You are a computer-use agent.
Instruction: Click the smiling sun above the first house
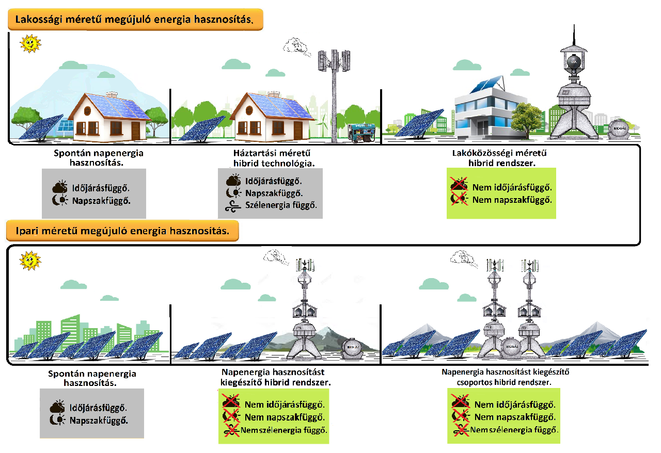tap(30, 43)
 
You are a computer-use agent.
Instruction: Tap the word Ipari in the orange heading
tap(26, 231)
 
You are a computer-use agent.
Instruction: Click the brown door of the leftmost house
tap(136, 128)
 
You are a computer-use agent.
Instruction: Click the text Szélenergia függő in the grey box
tap(281, 205)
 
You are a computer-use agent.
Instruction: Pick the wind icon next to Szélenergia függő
tap(233, 205)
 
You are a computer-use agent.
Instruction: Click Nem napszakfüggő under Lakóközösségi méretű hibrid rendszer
tap(512, 200)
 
